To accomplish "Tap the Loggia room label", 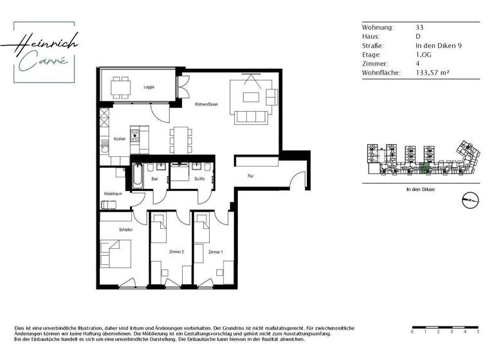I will click(149, 86).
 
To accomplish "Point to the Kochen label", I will click(119, 139).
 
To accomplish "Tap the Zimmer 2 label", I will click(176, 252).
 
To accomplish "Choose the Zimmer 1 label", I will click(216, 252).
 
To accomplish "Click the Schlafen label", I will click(125, 230).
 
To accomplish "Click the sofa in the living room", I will click(252, 116).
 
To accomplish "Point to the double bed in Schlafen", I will click(117, 254).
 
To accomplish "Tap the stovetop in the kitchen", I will click(135, 136).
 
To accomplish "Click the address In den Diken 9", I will click(439, 46).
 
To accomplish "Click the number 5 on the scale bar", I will click(478, 332).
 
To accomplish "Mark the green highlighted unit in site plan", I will click(423, 168).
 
